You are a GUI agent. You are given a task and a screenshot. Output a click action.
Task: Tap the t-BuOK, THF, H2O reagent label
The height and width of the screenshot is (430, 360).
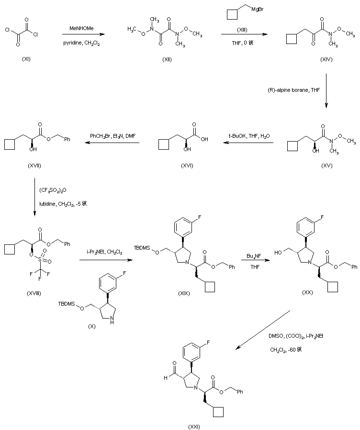click(249, 136)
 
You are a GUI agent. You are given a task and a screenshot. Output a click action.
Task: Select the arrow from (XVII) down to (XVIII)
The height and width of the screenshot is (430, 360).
click(34, 196)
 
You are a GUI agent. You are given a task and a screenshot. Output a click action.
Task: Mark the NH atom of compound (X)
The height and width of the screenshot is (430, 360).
click(112, 322)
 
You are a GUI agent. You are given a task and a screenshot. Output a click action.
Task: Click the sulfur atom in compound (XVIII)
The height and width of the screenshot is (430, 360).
click(39, 259)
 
